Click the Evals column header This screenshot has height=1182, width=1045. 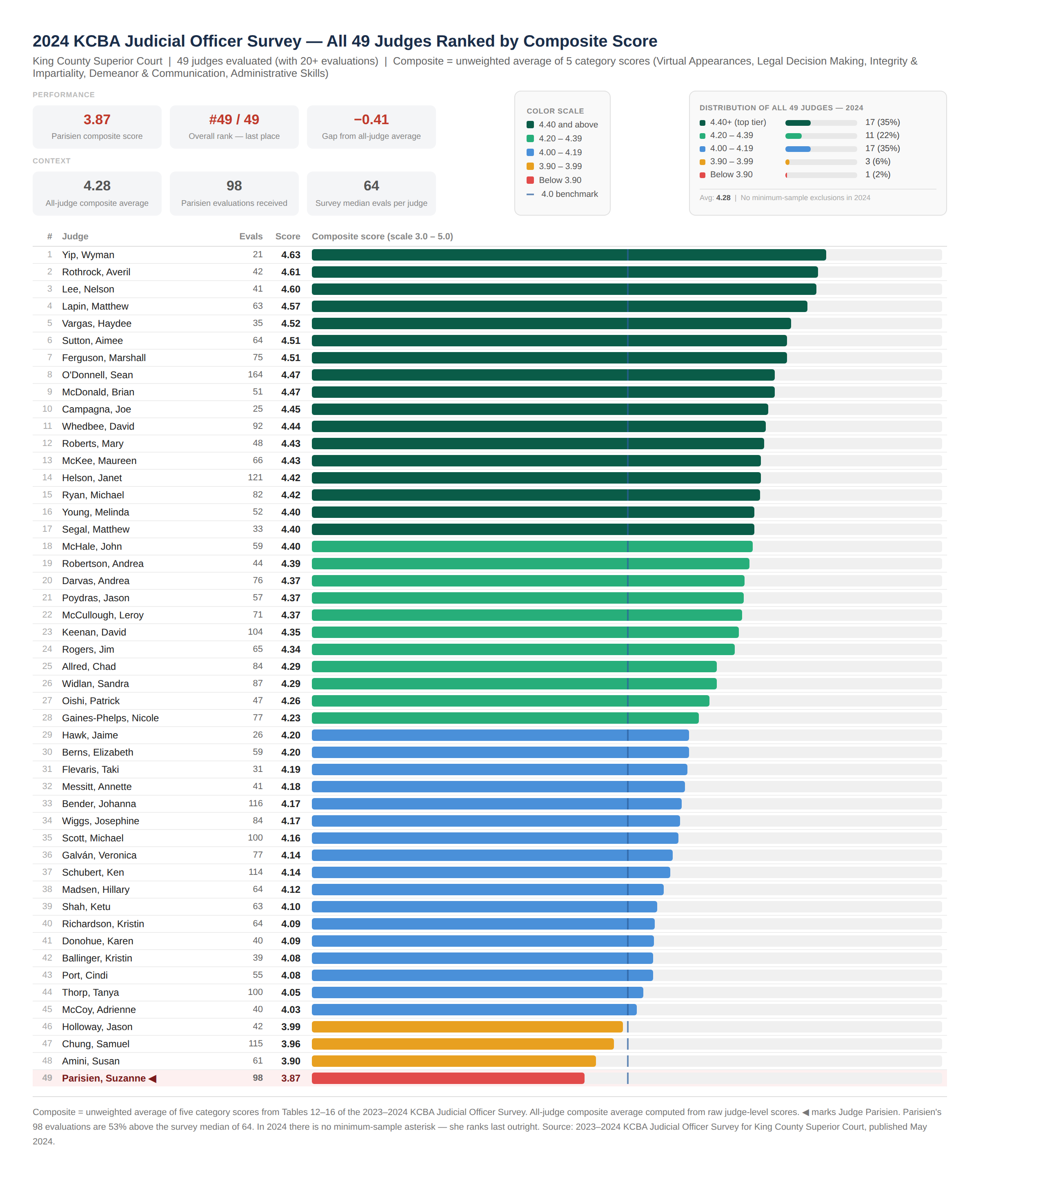251,236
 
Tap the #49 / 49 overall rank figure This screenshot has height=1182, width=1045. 234,120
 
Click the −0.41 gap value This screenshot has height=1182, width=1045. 371,120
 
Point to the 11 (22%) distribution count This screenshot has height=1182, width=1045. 882,135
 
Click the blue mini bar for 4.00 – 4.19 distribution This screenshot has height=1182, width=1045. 798,149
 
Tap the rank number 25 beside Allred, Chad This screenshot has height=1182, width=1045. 47,666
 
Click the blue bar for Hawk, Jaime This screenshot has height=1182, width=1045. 500,735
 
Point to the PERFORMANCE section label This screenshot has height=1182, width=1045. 64,95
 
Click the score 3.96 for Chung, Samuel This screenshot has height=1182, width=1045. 291,1044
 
